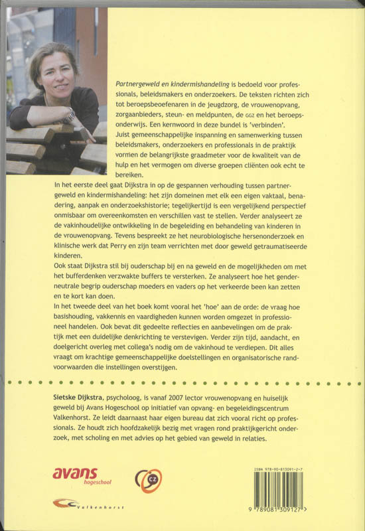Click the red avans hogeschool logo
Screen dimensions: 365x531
[x=75, y=475]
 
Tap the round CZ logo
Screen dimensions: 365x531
[x=149, y=478]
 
